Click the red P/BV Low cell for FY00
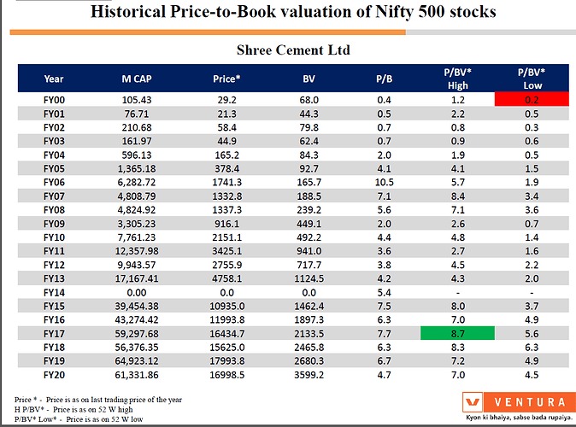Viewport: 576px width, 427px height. [532, 99]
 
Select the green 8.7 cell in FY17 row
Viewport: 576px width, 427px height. [457, 331]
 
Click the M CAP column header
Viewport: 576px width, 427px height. [138, 79]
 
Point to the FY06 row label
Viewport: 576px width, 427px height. [54, 181]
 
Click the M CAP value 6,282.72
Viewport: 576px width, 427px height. [138, 181]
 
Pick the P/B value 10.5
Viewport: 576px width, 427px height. [384, 181]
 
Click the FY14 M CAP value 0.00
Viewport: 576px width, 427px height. [138, 290]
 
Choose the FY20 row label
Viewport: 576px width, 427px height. [54, 372]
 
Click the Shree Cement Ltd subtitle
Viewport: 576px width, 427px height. [292, 50]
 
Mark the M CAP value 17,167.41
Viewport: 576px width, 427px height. [138, 277]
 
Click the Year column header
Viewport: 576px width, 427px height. [54, 79]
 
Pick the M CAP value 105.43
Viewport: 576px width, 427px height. [138, 99]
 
